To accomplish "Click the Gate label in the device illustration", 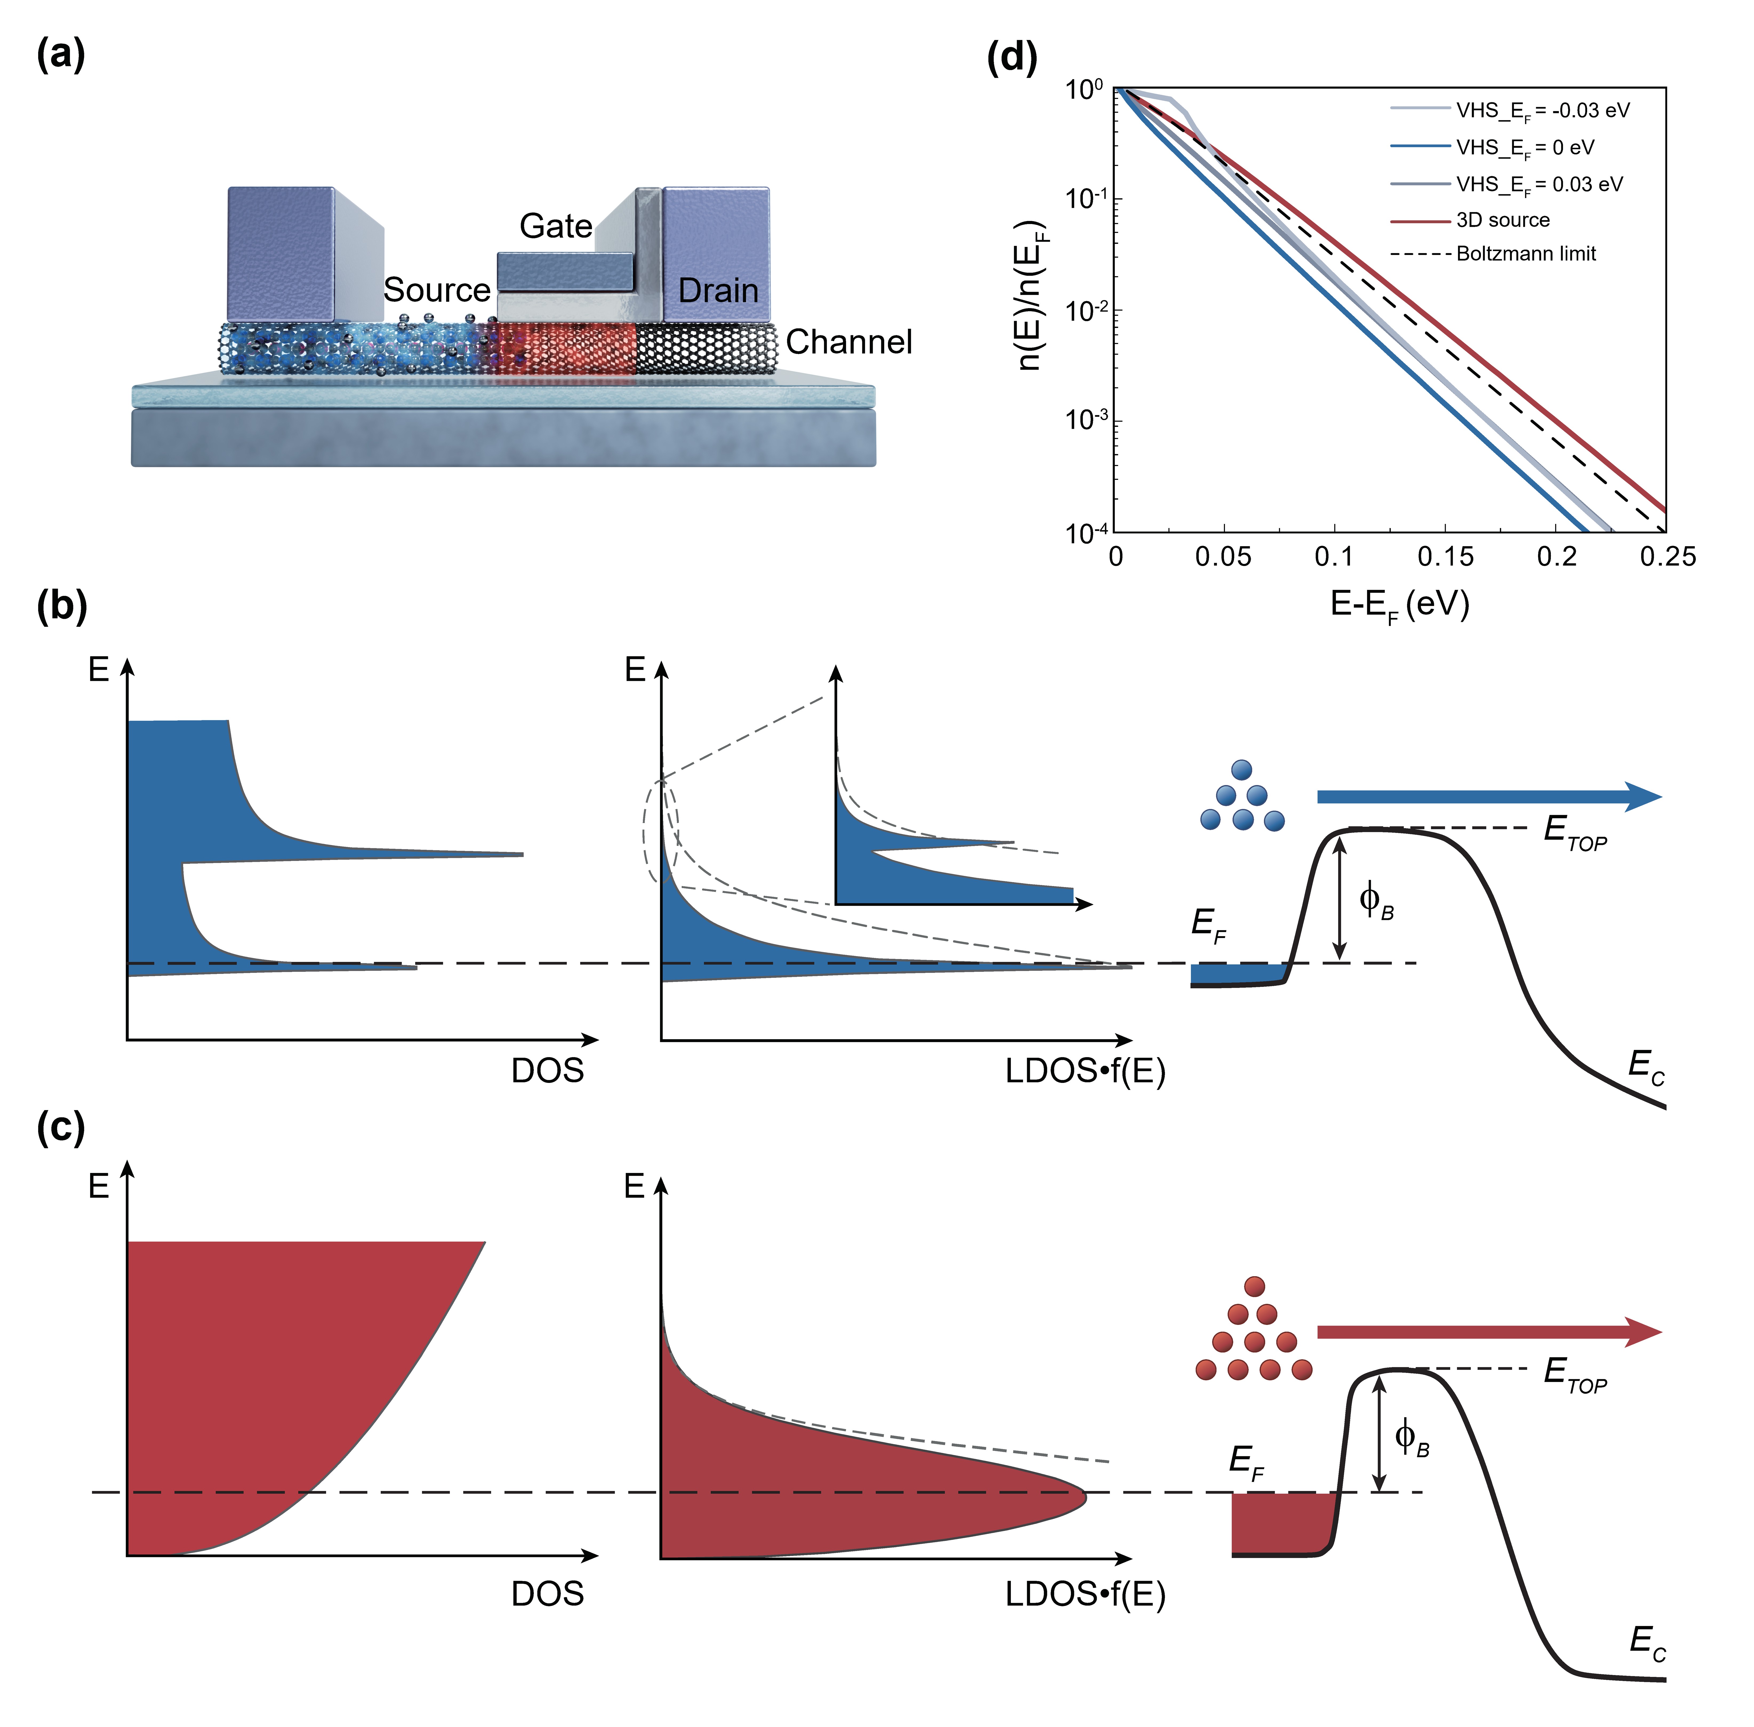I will click(555, 226).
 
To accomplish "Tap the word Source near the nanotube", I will click(437, 290).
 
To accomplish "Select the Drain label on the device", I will click(718, 291).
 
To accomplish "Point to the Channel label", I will click(848, 342).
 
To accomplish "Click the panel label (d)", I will click(1011, 58).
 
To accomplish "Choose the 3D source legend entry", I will click(1503, 220).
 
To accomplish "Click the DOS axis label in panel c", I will click(547, 1594).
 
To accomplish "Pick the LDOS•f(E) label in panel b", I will click(1084, 1071).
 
